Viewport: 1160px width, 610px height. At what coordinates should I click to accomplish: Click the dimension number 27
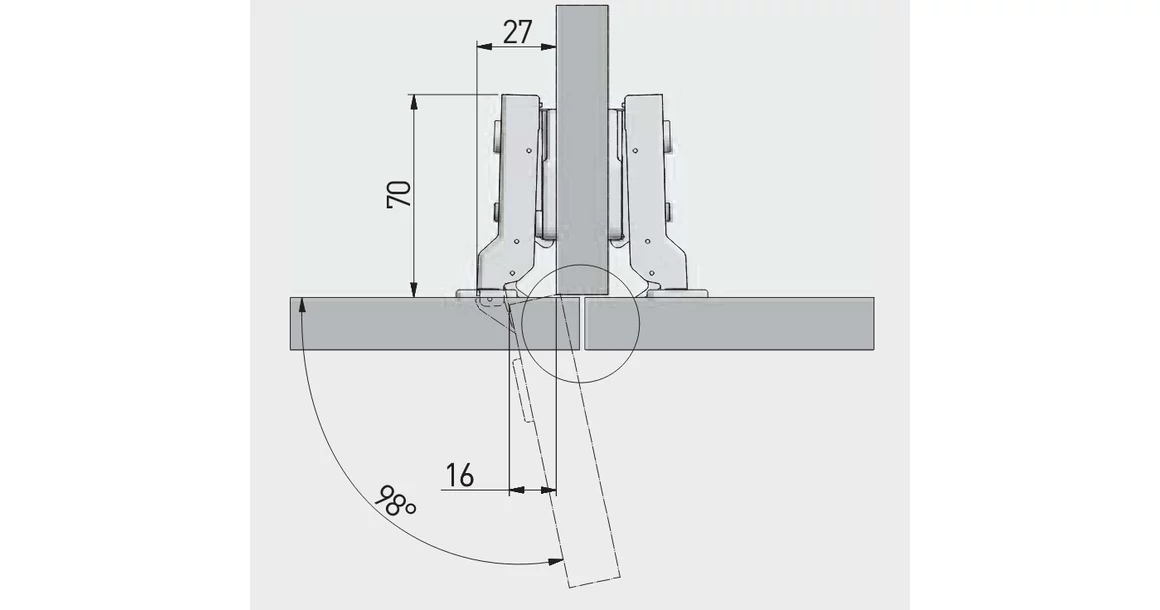point(516,31)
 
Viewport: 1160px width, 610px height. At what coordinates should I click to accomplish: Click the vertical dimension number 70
point(399,194)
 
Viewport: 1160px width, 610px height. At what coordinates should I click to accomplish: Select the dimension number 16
point(459,474)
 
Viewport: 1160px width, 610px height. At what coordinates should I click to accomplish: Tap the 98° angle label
point(397,500)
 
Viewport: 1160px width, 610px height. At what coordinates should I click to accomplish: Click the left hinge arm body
point(516,190)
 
